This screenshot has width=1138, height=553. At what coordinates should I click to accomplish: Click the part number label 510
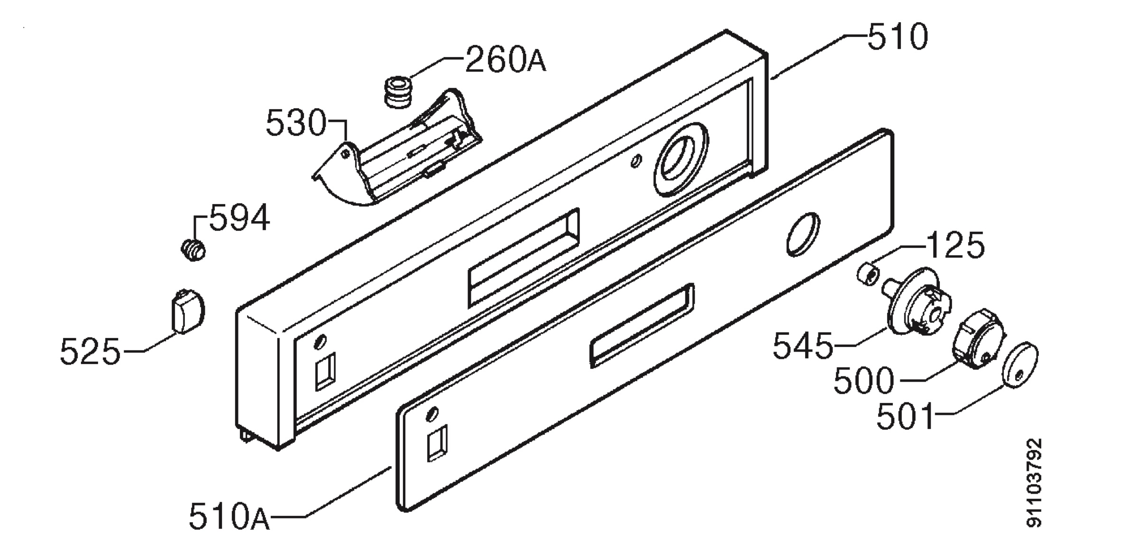click(x=898, y=37)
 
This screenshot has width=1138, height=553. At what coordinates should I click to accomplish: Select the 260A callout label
click(x=505, y=60)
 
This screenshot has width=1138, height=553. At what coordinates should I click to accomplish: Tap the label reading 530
click(x=296, y=123)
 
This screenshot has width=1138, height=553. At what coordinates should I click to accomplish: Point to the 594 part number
click(x=239, y=218)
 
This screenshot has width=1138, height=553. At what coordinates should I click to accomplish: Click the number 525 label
click(x=90, y=352)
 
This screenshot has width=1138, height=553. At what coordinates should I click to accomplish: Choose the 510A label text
click(x=229, y=516)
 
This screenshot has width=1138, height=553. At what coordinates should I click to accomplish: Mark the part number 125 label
click(x=954, y=245)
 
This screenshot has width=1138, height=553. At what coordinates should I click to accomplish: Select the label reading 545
click(x=803, y=346)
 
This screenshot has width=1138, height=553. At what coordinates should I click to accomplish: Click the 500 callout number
click(x=864, y=380)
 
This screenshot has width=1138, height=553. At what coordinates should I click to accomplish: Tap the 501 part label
click(x=905, y=416)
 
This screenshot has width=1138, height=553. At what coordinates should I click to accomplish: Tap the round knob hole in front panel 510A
click(x=803, y=234)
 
